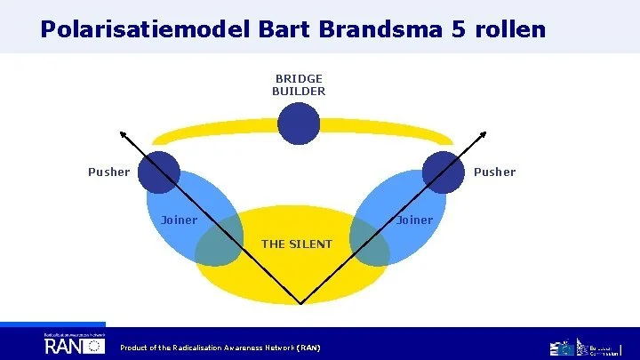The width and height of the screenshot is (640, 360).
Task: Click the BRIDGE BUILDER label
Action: (x=299, y=84)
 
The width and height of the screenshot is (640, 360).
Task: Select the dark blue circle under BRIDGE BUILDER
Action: (x=299, y=124)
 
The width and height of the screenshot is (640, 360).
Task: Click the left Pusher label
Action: (x=108, y=172)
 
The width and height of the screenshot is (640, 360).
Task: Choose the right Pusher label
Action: (x=495, y=172)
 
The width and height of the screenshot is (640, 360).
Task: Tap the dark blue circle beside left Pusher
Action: (x=160, y=172)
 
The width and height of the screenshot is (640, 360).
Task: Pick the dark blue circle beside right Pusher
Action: (x=442, y=172)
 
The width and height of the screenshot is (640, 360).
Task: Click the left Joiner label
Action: (x=179, y=220)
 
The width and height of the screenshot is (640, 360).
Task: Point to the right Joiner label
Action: (x=414, y=220)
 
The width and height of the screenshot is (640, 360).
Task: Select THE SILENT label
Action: (x=297, y=244)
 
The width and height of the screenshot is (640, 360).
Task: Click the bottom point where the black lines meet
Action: (x=302, y=304)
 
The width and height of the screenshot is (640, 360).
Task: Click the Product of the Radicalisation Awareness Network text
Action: (x=220, y=347)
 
